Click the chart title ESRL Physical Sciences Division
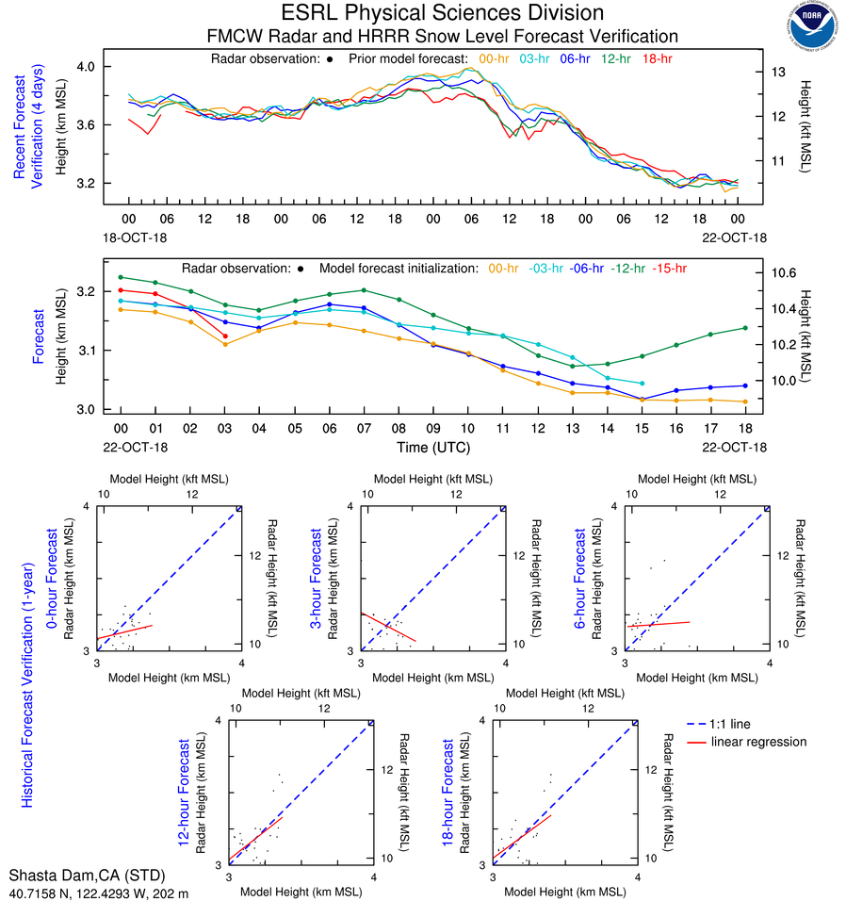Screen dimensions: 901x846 (442, 13)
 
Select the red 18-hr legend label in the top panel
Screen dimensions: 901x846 (657, 58)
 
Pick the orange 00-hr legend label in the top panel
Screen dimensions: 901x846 (495, 58)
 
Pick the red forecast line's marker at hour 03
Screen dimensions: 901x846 (225, 336)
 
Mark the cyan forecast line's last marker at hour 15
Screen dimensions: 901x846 (642, 384)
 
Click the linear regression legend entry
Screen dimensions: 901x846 (758, 742)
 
